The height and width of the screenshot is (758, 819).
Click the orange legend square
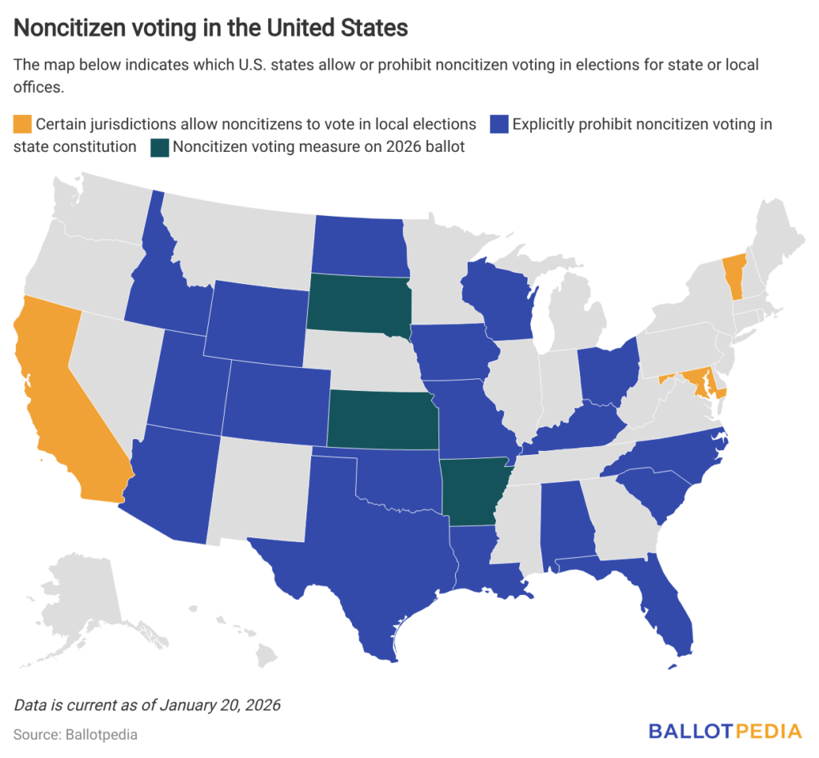coord(23,125)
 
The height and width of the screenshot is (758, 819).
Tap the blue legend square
coord(499,125)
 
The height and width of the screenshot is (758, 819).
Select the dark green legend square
coord(160,148)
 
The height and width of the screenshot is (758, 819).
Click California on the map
coord(64,400)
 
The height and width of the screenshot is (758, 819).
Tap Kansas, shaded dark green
coord(382,420)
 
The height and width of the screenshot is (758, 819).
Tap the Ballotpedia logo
coord(725,731)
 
